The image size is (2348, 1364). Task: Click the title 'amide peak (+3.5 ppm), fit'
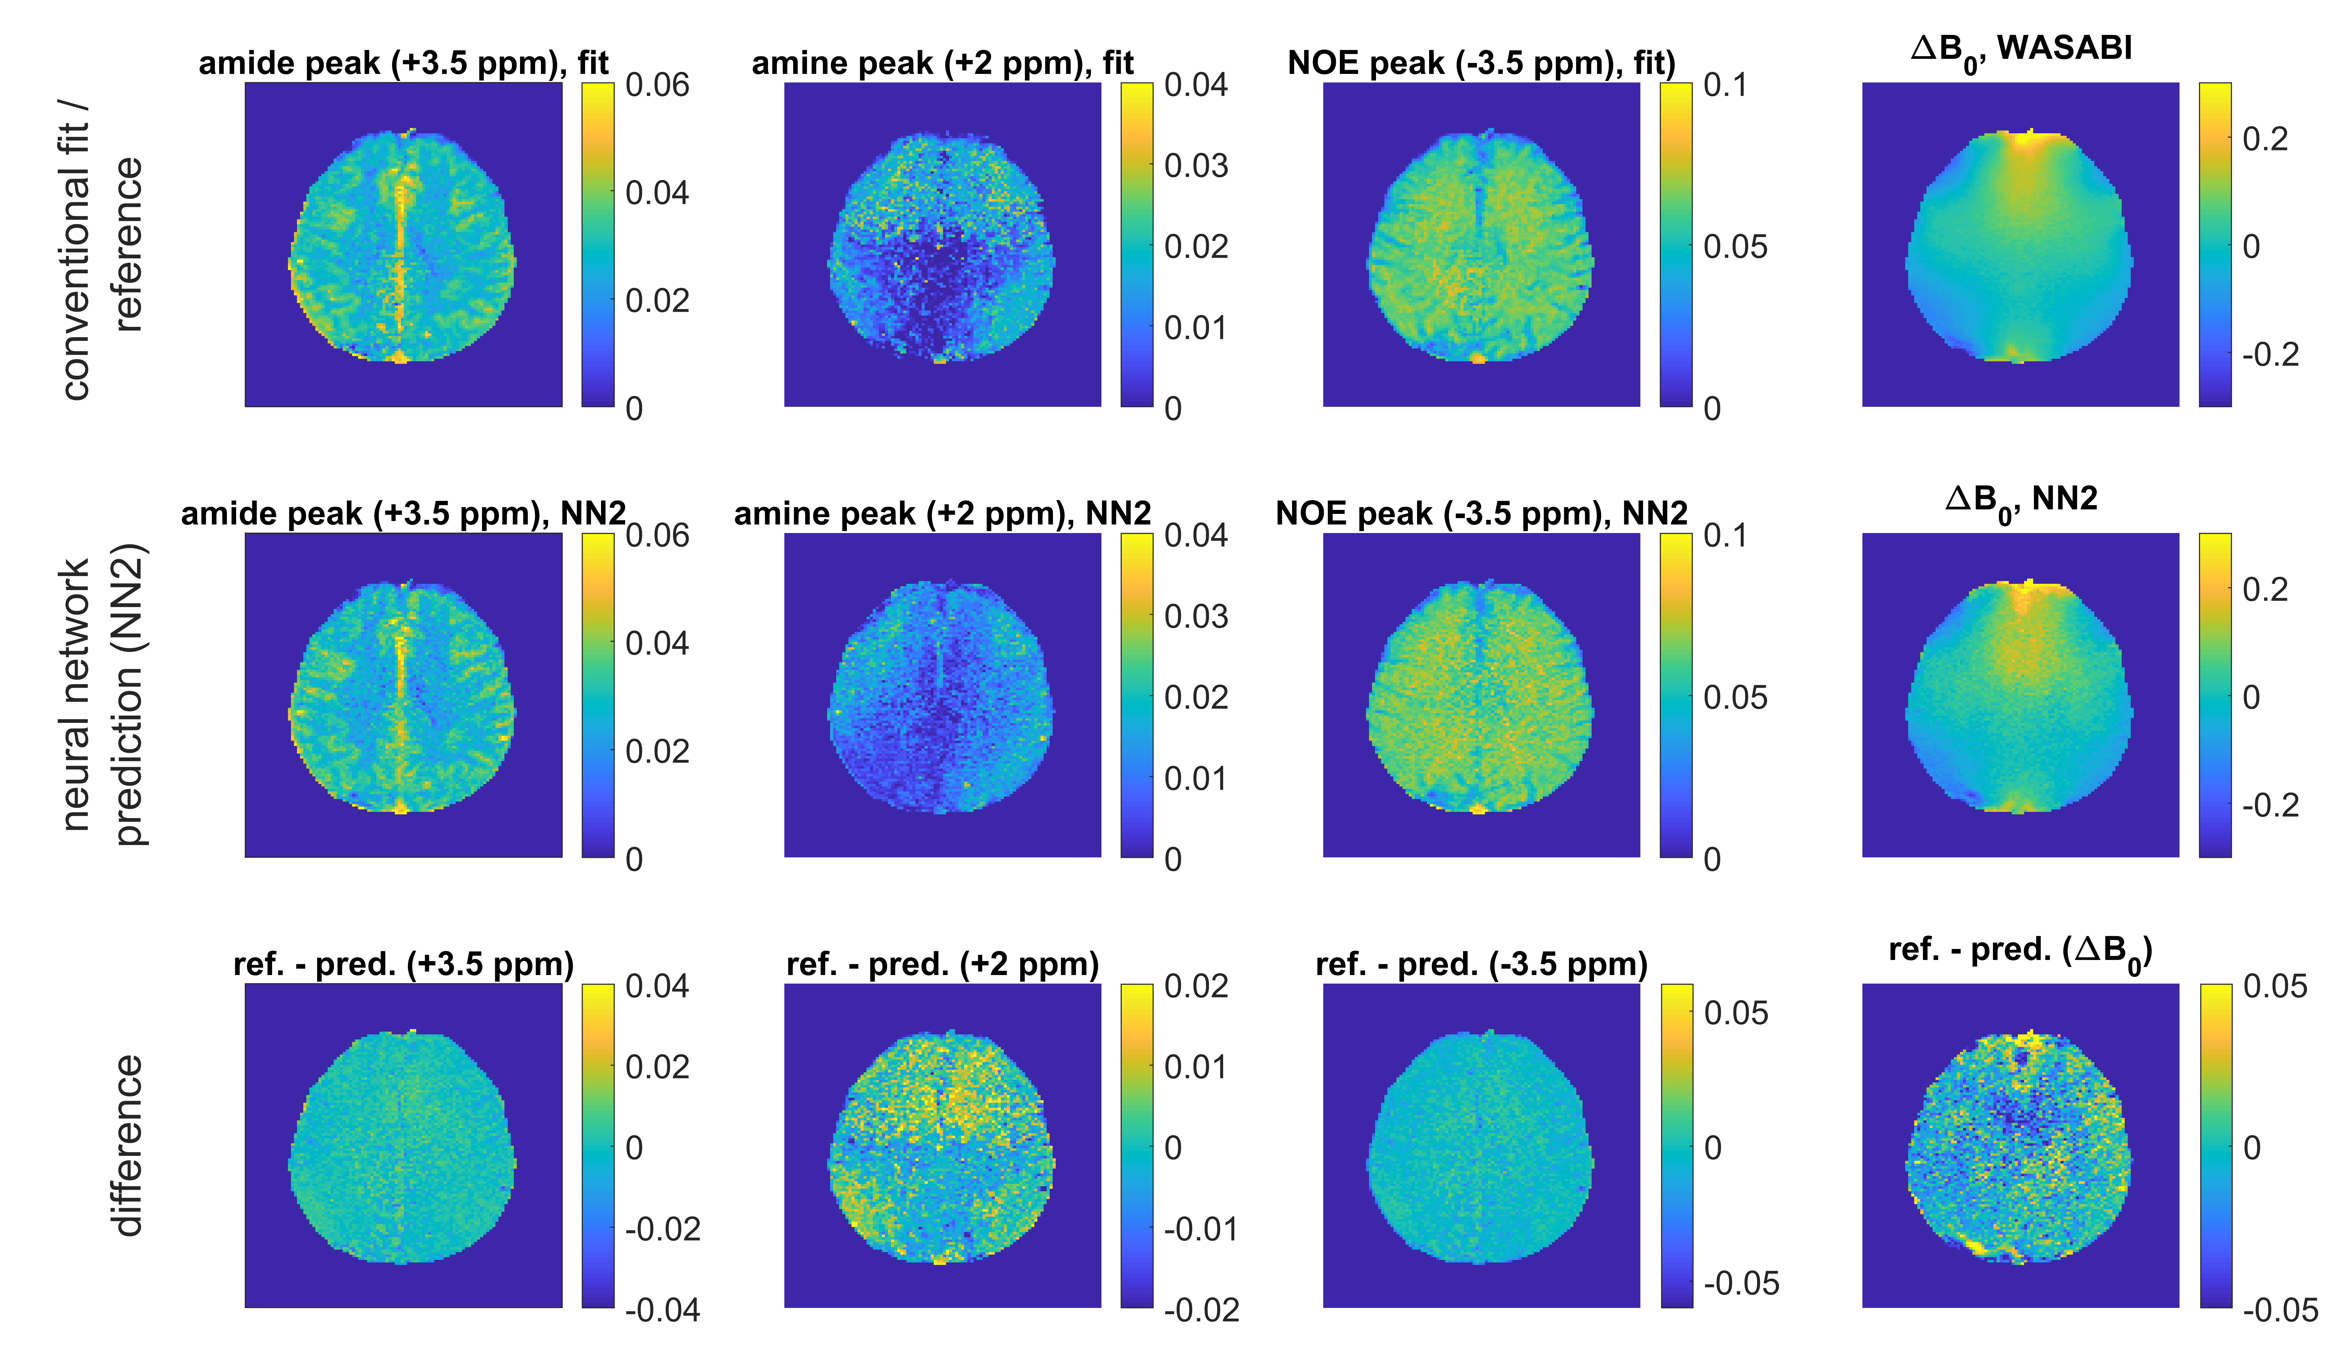click(x=403, y=63)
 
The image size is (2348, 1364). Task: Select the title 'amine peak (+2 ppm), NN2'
click(x=942, y=513)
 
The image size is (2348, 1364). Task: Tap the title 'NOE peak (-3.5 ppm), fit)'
click(x=1481, y=63)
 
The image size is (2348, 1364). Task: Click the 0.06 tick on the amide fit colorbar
click(x=657, y=86)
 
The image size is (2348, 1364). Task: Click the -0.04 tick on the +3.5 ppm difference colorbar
click(x=662, y=1310)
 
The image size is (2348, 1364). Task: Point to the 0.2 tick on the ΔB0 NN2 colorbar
click(x=2264, y=590)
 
